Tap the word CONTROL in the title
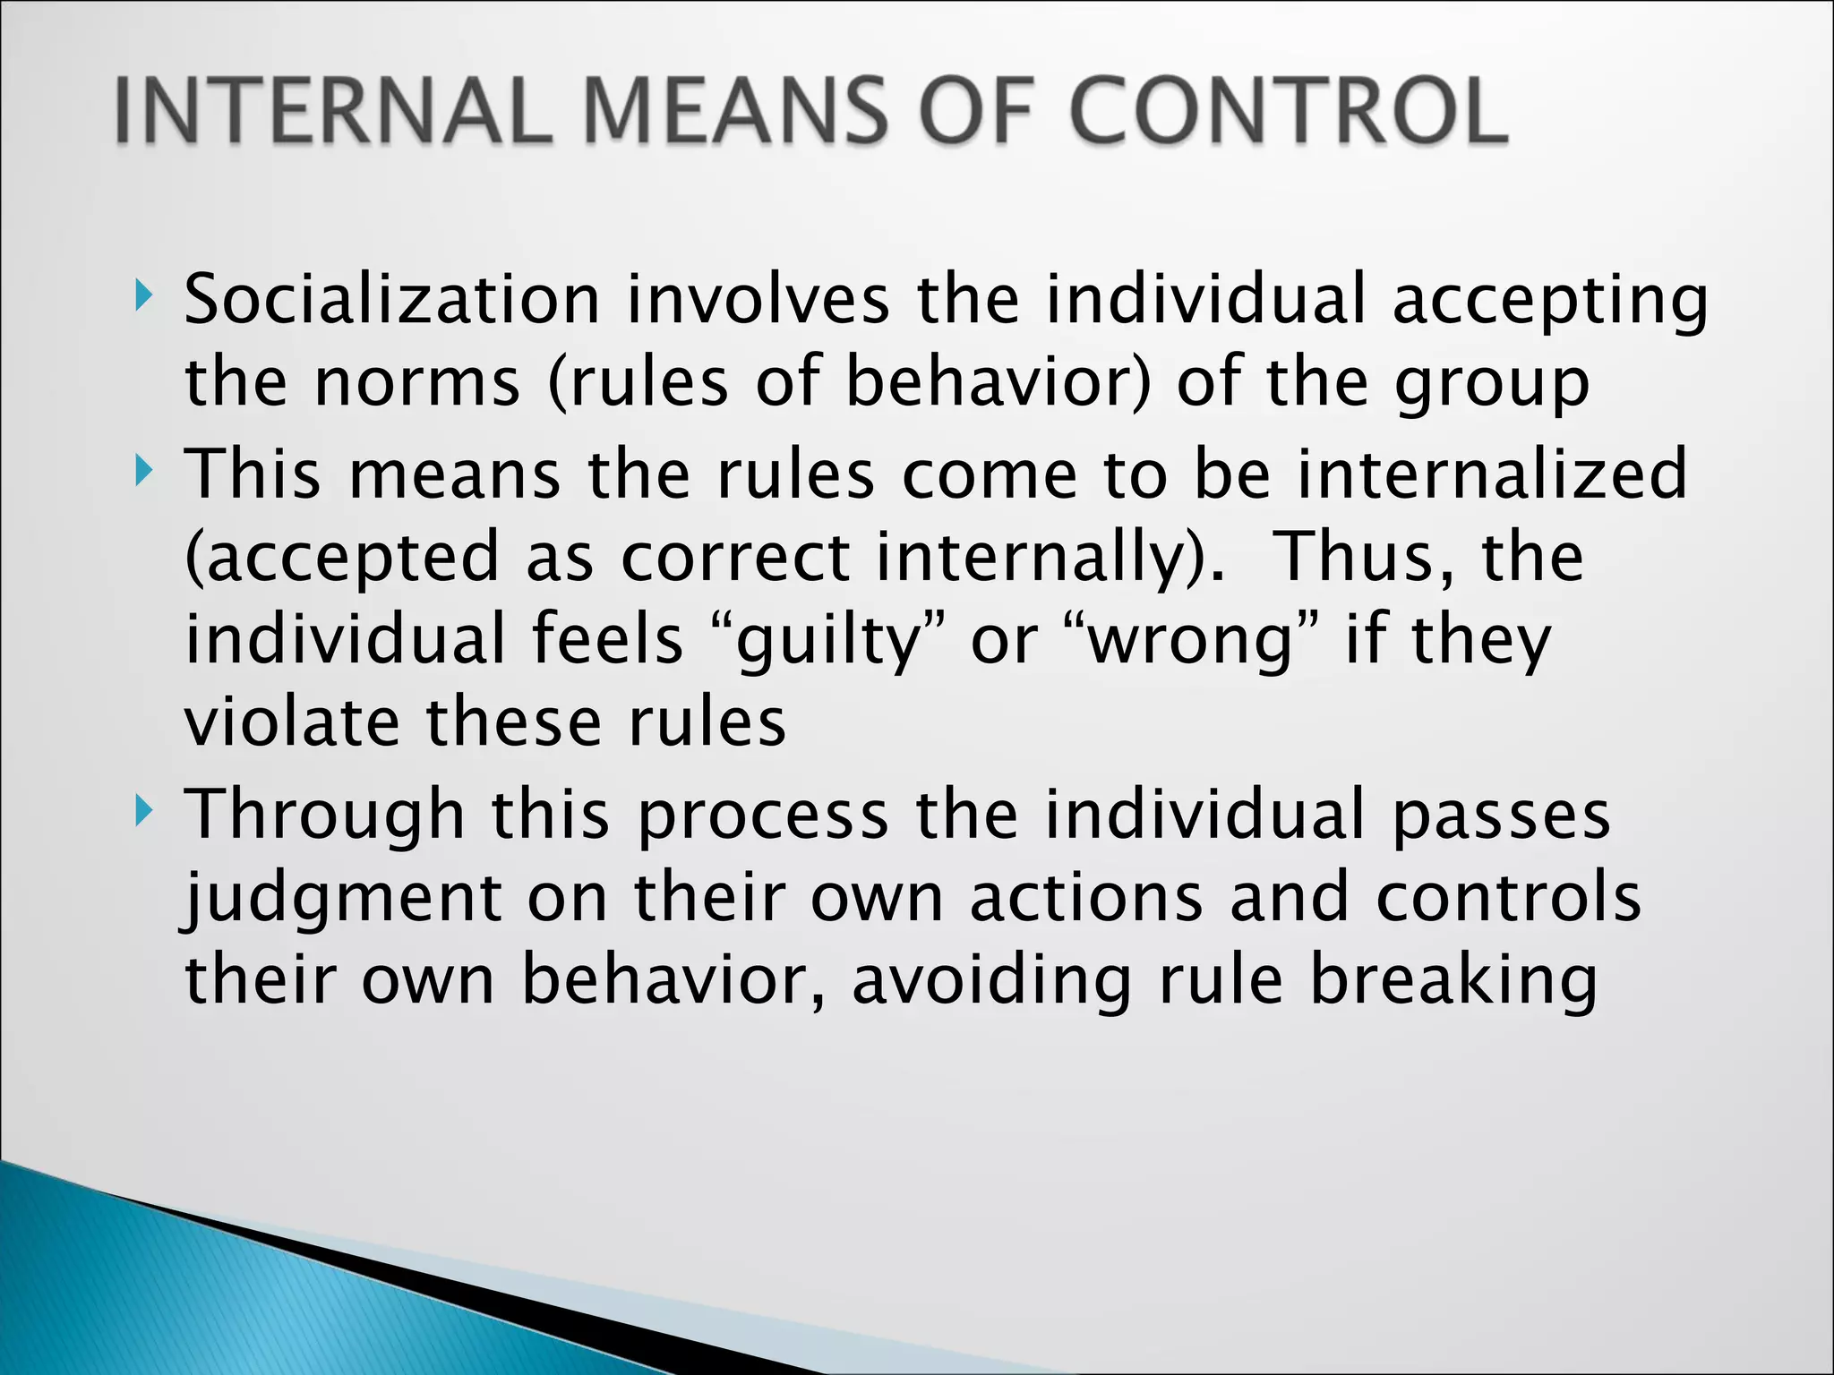click(x=1289, y=111)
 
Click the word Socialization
click(x=391, y=299)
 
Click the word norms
click(x=416, y=383)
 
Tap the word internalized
click(x=1492, y=474)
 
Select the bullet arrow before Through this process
click(x=143, y=812)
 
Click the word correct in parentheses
click(x=734, y=558)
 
